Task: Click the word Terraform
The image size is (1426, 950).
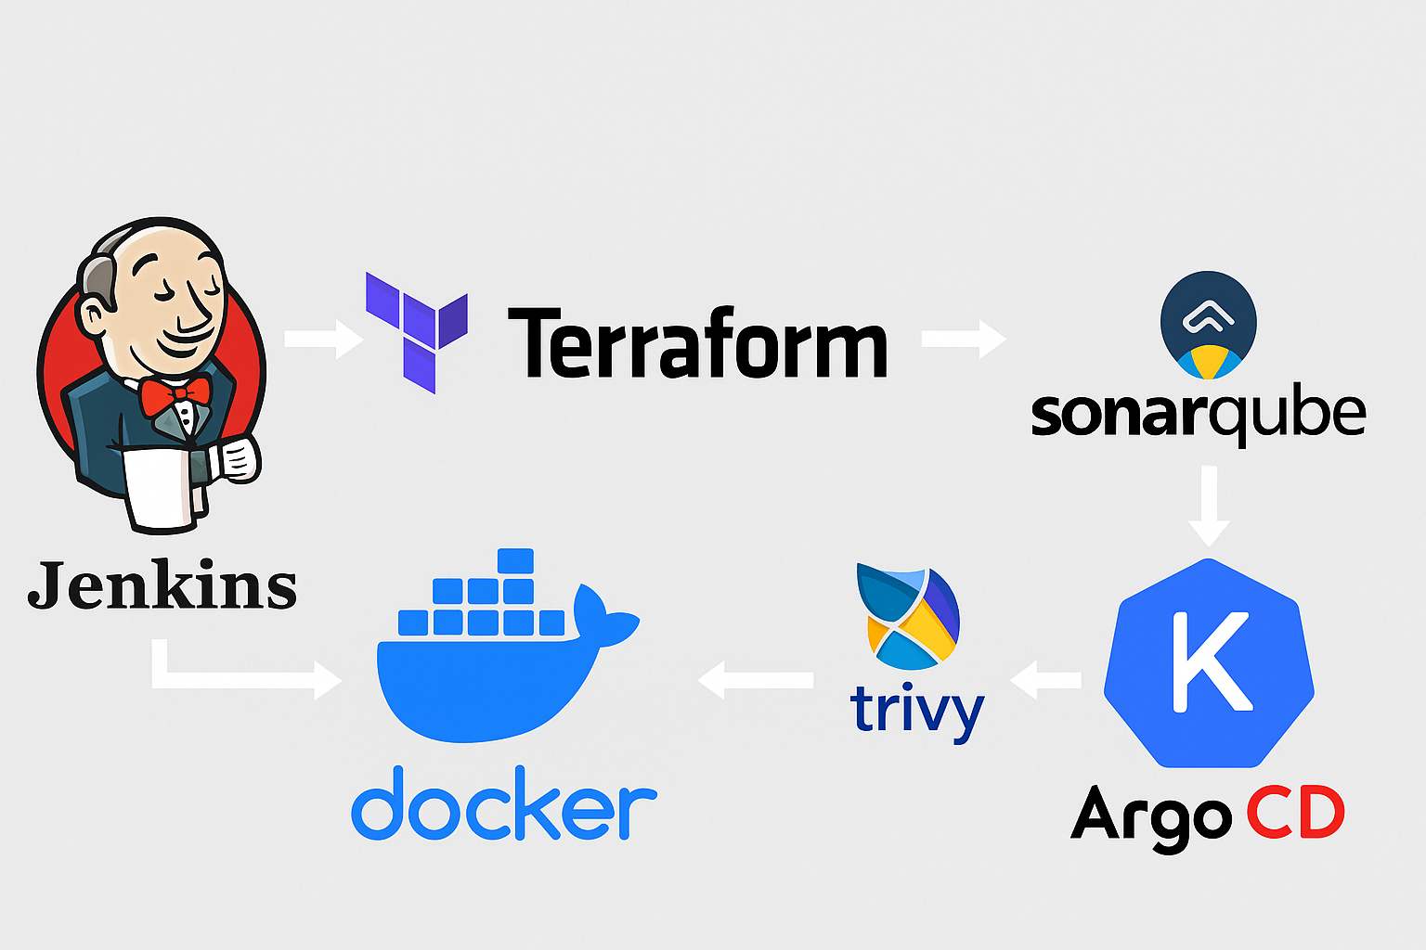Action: pyautogui.click(x=697, y=344)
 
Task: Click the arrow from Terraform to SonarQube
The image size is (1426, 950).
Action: pyautogui.click(x=964, y=339)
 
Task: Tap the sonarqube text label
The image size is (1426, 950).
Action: pyautogui.click(x=1198, y=416)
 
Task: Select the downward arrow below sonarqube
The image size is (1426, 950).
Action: pyautogui.click(x=1209, y=507)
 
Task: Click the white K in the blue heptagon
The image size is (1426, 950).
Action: pyautogui.click(x=1210, y=661)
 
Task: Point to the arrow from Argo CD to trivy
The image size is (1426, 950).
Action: pyautogui.click(x=1044, y=680)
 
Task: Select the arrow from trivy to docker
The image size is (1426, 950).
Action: pyautogui.click(x=755, y=680)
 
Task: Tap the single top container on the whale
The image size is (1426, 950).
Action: pyautogui.click(x=515, y=561)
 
